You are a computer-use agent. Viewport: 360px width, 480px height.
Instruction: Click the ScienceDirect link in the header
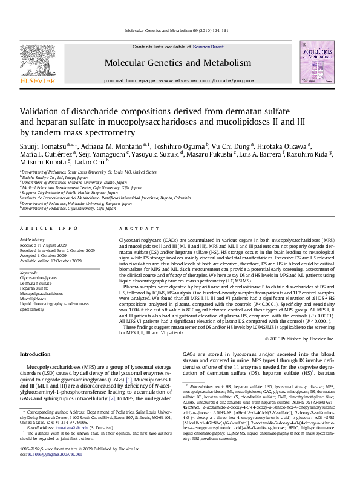click(x=208, y=47)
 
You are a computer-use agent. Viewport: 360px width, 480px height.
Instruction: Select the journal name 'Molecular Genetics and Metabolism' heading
click(x=177, y=63)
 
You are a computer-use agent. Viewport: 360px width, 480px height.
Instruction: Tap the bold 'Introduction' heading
click(x=36, y=354)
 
